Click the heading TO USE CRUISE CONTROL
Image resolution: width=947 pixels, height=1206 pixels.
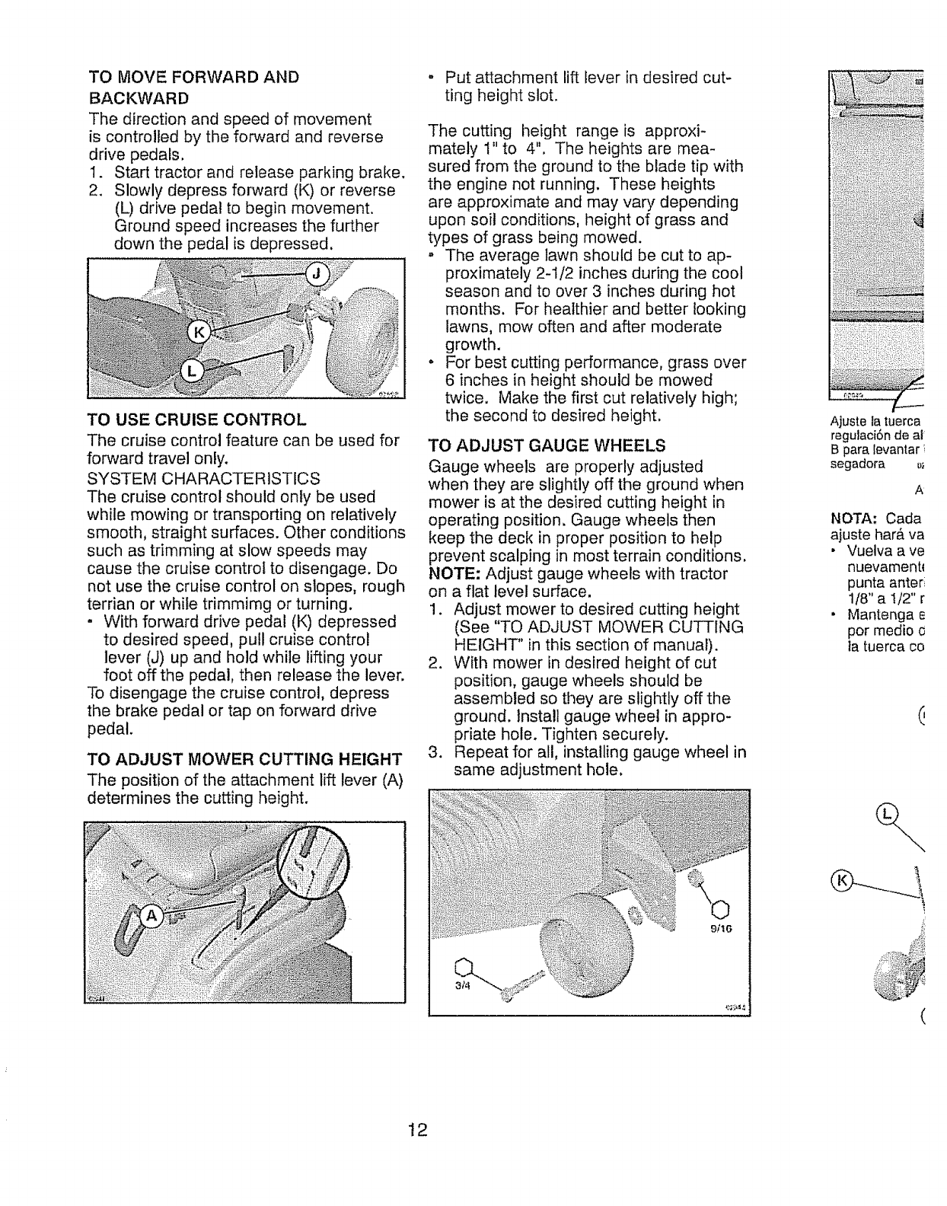point(197,420)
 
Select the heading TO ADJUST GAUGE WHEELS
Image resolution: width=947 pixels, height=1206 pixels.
point(547,445)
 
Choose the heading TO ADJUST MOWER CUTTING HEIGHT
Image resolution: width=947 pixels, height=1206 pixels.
point(244,759)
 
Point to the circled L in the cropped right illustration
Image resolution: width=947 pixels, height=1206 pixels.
point(885,815)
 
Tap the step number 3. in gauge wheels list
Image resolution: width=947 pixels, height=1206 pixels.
point(435,753)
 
